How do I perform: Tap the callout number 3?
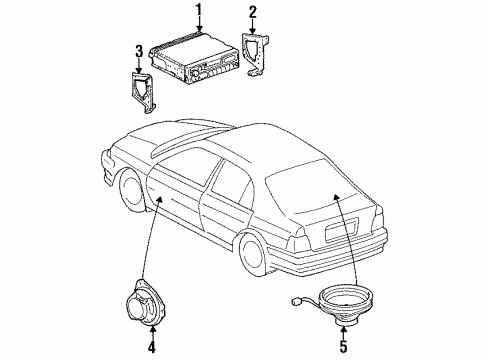[x=137, y=49]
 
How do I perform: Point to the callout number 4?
[x=151, y=348]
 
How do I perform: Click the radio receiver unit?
[x=195, y=61]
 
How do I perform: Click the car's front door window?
[x=181, y=165]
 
